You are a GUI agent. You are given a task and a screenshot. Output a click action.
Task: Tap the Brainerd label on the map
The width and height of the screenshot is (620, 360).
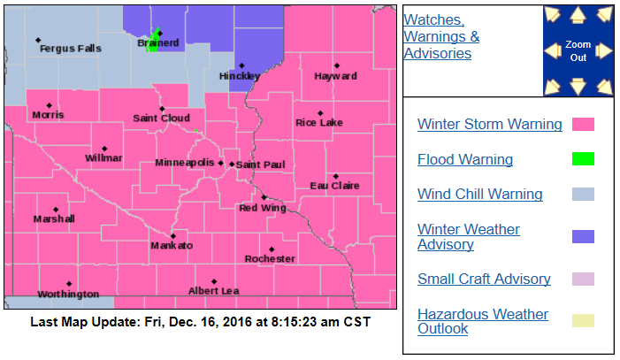point(158,42)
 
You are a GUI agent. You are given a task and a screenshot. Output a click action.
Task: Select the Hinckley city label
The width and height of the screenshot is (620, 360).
point(240,76)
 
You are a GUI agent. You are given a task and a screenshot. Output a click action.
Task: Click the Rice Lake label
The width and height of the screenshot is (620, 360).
point(318,122)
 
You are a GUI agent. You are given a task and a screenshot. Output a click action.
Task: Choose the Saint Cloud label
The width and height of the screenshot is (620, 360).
point(161,118)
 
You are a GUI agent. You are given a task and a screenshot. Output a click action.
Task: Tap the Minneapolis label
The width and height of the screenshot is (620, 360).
point(184,164)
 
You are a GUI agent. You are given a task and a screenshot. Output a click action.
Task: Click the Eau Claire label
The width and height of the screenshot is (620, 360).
point(334,185)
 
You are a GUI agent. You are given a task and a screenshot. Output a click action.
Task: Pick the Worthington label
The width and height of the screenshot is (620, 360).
point(68,294)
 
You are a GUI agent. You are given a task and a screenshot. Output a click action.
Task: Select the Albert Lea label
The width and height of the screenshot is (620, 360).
point(213,291)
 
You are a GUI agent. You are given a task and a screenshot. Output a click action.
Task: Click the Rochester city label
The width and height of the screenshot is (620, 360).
point(270,259)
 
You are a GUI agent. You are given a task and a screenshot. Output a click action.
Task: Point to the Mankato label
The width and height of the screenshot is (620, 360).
point(172,245)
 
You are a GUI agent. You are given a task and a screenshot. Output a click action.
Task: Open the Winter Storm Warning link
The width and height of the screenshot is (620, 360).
point(489,124)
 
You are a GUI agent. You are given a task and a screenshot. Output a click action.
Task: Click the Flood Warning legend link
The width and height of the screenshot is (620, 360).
point(465,159)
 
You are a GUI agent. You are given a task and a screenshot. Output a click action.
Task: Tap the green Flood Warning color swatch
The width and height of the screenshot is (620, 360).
point(583,159)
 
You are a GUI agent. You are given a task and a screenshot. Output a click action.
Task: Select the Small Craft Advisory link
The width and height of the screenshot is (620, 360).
point(484,279)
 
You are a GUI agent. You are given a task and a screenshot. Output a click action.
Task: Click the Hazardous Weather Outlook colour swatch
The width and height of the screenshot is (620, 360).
point(583,321)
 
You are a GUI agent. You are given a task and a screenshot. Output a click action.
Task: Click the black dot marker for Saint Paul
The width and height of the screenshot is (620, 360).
point(232,164)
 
